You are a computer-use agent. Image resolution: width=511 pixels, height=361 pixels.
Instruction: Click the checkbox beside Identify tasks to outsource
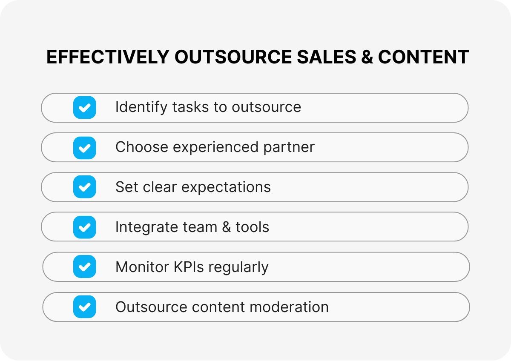(84, 107)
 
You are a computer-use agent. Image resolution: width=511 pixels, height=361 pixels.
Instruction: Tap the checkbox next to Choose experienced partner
(84, 147)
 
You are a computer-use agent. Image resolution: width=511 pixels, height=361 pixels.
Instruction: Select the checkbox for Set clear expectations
(84, 187)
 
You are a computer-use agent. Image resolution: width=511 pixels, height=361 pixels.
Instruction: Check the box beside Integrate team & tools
(84, 227)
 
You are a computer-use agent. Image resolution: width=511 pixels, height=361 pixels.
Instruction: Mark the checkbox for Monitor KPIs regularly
(84, 267)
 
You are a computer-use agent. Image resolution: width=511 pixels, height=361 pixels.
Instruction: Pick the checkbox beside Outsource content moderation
(84, 307)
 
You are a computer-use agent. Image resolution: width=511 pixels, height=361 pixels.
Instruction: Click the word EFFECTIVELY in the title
(107, 57)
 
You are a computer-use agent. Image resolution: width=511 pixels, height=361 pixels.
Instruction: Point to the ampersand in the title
(365, 57)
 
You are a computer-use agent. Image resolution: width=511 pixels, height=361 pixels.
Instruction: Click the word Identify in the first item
(141, 107)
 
